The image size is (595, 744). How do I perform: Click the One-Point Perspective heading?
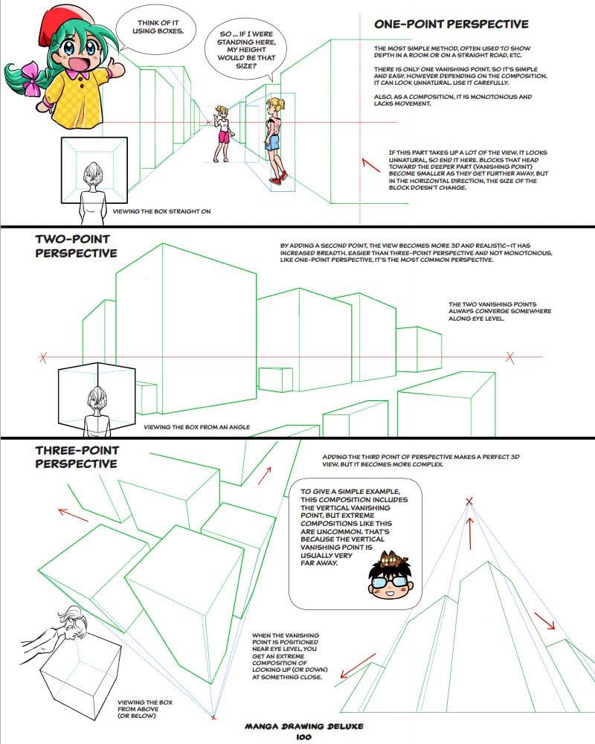(x=451, y=25)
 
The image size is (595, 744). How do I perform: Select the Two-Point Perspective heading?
(x=77, y=246)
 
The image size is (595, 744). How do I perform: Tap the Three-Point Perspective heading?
(x=77, y=457)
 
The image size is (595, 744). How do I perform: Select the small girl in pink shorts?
(x=222, y=134)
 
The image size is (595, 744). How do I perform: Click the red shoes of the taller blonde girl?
(x=278, y=179)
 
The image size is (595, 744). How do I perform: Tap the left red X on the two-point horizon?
(x=42, y=358)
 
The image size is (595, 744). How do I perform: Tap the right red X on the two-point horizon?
(x=510, y=357)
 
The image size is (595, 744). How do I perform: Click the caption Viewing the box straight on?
(x=161, y=211)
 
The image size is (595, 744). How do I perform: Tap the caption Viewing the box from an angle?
(x=196, y=427)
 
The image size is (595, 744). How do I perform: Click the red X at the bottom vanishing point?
(x=213, y=716)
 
